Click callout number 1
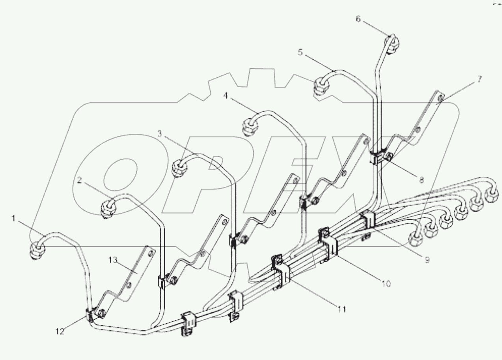pyautogui.click(x=13, y=218)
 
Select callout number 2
pyautogui.click(x=79, y=180)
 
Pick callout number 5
pyautogui.click(x=300, y=52)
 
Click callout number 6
pyautogui.click(x=358, y=19)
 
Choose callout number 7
pyautogui.click(x=479, y=79)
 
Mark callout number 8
pyautogui.click(x=421, y=180)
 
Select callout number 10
pyautogui.click(x=386, y=283)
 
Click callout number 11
pyautogui.click(x=342, y=309)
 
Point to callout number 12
pyautogui.click(x=60, y=332)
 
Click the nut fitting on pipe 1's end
pyautogui.click(x=37, y=250)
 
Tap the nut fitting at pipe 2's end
pyautogui.click(x=107, y=207)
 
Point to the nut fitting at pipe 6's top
pyautogui.click(x=392, y=45)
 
